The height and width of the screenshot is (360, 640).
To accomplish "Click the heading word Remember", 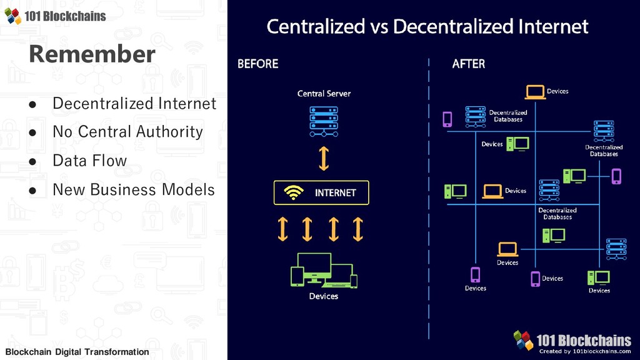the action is point(91,54).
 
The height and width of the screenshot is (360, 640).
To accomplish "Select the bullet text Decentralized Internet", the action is point(134,103).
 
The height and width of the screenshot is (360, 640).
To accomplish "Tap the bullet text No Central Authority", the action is point(127,132).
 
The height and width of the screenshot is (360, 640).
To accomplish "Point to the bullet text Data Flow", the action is point(89,161).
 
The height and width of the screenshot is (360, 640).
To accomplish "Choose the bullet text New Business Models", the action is point(133,189).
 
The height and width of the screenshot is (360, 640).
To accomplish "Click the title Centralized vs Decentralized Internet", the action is point(427,26).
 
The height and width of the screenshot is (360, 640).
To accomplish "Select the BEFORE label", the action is point(257,64).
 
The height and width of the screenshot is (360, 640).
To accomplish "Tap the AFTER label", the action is point(468,64).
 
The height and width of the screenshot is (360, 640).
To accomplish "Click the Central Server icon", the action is point(324,121).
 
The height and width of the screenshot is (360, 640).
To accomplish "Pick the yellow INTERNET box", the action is point(321,192).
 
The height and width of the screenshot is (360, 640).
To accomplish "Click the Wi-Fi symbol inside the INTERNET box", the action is point(292,193).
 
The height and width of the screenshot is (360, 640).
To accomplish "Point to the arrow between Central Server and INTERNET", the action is point(324,158).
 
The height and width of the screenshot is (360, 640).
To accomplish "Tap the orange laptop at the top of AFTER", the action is point(536,92).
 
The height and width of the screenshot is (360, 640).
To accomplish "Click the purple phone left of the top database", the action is point(447,119).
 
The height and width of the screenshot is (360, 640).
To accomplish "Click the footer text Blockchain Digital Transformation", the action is point(77,352).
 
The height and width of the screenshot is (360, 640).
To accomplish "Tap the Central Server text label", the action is point(324,94).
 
